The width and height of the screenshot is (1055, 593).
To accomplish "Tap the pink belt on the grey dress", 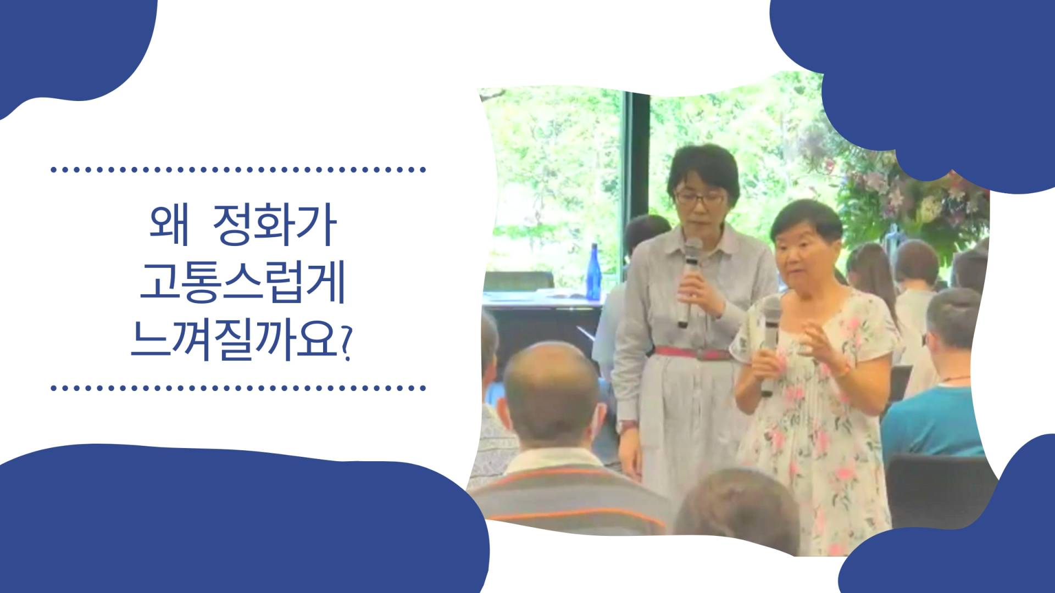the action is click(694, 353).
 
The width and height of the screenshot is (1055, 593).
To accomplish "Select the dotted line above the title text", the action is click(238, 170).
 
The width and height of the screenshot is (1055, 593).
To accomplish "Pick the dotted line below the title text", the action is click(238, 388).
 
